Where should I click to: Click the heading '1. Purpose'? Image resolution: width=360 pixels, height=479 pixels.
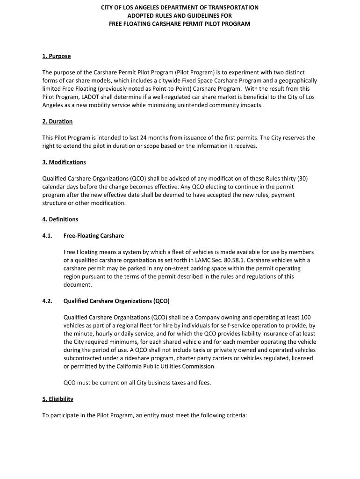click(x=57, y=56)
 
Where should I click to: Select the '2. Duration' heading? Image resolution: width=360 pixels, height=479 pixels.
click(x=58, y=122)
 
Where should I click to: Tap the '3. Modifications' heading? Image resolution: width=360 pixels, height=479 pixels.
click(x=64, y=162)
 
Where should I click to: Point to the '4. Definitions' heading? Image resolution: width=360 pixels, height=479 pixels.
click(x=60, y=219)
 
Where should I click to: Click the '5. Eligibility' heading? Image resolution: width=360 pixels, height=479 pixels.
click(x=58, y=399)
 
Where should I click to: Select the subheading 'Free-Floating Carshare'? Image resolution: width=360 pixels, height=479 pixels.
click(x=94, y=236)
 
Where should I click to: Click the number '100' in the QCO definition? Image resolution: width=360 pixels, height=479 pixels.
click(x=306, y=317)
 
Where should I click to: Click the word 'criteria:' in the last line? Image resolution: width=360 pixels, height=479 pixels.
click(x=235, y=415)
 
